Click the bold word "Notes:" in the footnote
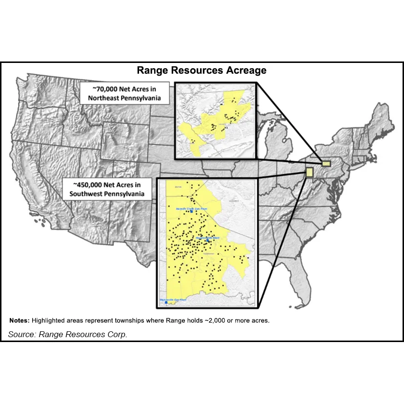20,321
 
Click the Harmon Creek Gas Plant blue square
192,212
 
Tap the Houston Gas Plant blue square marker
207,241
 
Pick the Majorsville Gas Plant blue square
166,303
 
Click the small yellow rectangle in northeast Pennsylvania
325,163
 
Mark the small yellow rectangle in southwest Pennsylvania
309,171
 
